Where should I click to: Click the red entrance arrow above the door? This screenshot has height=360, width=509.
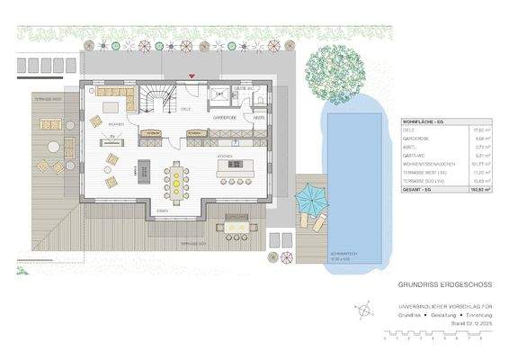(x=191, y=77)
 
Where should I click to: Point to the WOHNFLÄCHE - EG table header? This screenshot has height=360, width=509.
(x=426, y=120)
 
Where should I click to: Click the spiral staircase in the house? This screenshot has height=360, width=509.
(x=158, y=99)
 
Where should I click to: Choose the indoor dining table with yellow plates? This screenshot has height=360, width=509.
(x=176, y=183)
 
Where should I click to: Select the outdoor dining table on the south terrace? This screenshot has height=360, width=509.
(x=236, y=223)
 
